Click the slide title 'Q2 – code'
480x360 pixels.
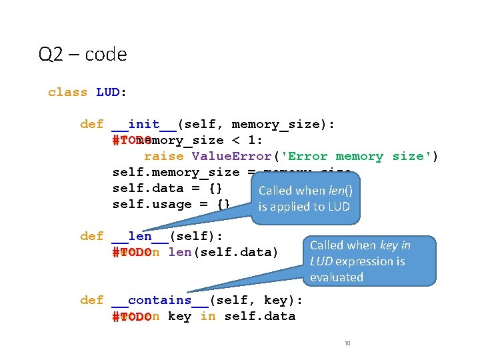coord(83,54)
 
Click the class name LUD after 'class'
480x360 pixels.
coord(108,93)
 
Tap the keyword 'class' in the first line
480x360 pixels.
coord(67,93)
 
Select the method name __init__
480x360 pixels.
coord(143,125)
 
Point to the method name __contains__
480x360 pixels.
coord(159,301)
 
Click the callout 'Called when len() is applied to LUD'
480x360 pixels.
coord(305,198)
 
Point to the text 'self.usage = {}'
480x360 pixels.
coord(171,205)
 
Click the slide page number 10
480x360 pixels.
coord(347,343)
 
